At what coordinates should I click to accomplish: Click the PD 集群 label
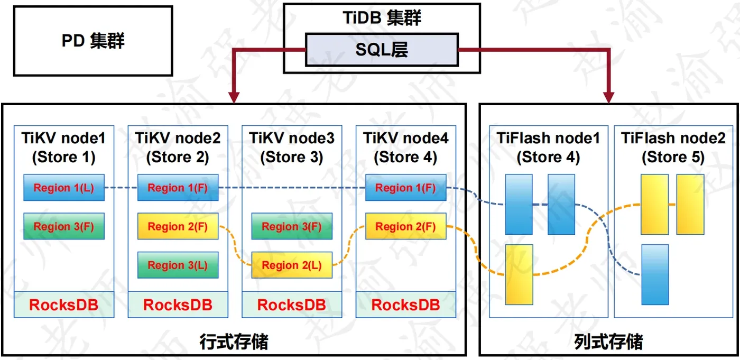(x=93, y=41)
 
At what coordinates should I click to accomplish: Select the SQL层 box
(x=382, y=50)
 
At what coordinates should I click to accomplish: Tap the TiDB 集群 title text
(x=382, y=17)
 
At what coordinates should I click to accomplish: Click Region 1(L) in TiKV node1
(x=64, y=188)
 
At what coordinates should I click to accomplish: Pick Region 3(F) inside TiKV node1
(x=64, y=226)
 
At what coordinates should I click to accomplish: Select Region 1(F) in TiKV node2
(x=178, y=188)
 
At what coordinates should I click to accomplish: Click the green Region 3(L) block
(x=178, y=265)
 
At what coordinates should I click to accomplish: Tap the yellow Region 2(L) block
(x=292, y=265)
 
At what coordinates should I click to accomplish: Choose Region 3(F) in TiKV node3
(x=292, y=226)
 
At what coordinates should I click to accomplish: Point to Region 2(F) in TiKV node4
(x=406, y=226)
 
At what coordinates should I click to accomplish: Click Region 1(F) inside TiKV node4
(x=406, y=188)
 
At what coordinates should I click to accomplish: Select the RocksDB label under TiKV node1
(x=64, y=305)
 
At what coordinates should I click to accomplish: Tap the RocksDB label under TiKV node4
(x=406, y=305)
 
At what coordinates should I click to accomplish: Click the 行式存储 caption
(x=234, y=341)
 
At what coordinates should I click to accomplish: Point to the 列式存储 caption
(x=608, y=341)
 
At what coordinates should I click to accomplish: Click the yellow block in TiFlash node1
(x=519, y=274)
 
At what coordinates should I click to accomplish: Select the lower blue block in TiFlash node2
(x=655, y=274)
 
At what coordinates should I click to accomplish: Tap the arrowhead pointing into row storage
(x=234, y=97)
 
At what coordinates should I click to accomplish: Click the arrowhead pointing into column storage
(x=608, y=97)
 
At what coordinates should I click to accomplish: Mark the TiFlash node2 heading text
(x=673, y=147)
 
